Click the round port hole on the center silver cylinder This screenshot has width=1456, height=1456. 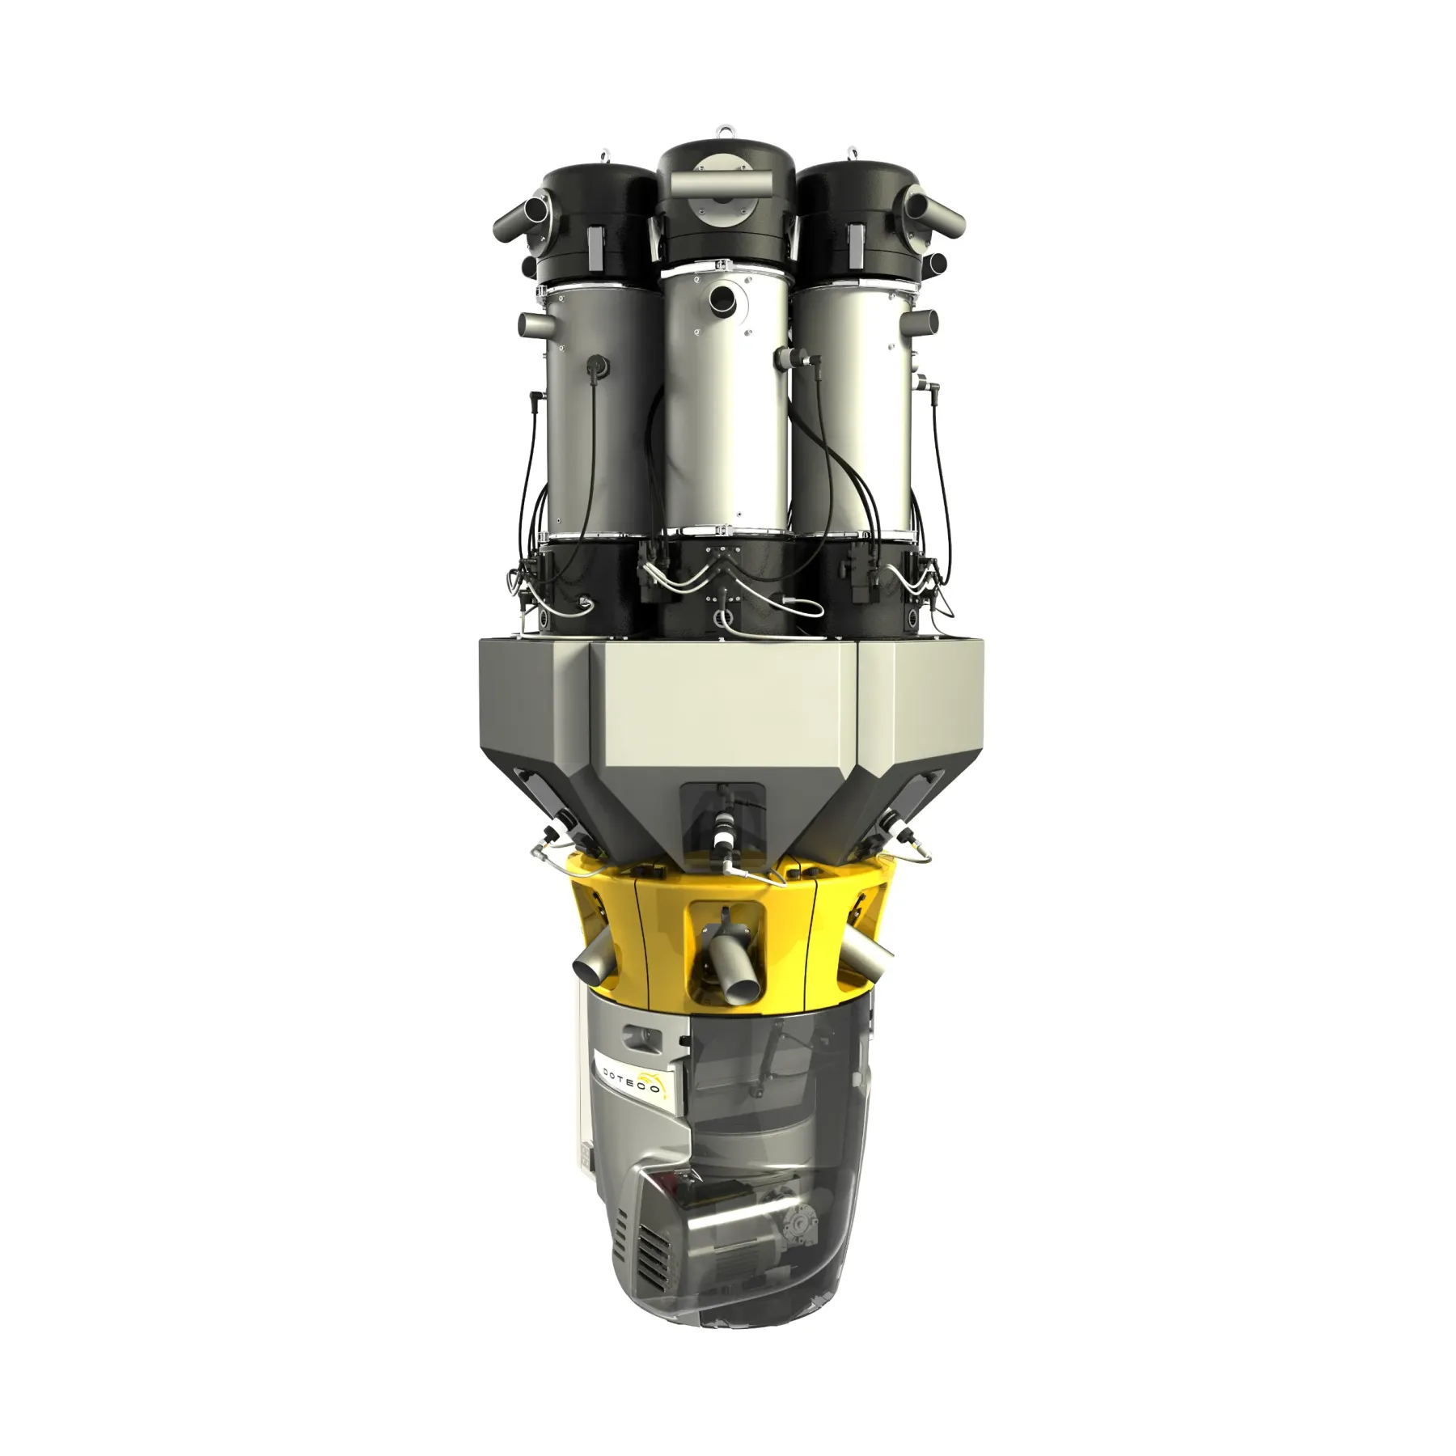(x=720, y=299)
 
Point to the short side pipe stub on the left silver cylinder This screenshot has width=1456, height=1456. (x=535, y=326)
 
